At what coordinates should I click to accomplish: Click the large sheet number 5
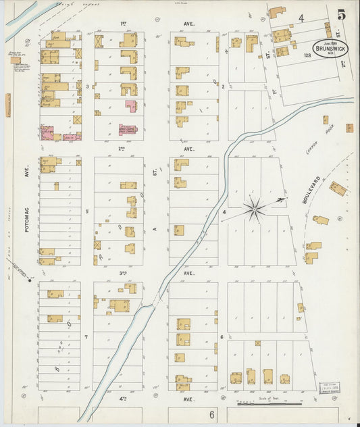[342, 14]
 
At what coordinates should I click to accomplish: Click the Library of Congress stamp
[330, 390]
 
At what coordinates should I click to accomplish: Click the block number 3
[87, 86]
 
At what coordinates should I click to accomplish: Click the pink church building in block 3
[130, 106]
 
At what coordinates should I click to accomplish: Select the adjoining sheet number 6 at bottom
[211, 414]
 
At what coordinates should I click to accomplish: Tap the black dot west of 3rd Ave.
[29, 279]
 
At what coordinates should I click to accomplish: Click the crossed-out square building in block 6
[257, 343]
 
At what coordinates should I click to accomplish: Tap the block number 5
[87, 211]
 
